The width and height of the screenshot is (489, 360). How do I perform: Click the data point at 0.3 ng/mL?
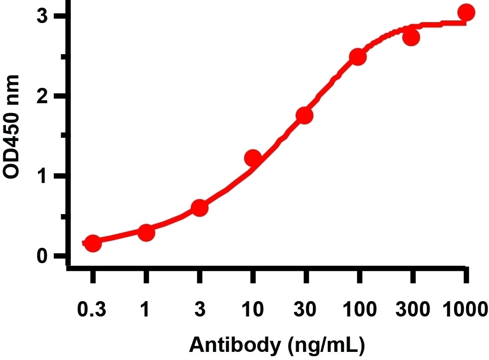[93, 244]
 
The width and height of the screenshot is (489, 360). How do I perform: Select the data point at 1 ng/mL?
[146, 233]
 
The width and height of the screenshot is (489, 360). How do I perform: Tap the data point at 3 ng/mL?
[200, 208]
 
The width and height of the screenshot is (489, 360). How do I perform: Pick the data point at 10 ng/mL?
[253, 158]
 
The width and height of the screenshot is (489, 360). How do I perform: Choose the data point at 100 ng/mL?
[359, 57]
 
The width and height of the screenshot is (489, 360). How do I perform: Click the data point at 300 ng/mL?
[411, 38]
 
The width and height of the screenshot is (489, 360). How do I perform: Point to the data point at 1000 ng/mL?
[466, 13]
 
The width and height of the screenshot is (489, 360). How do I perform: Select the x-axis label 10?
[253, 309]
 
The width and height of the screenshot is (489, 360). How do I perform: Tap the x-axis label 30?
[306, 309]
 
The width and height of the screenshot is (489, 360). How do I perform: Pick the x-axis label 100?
[359, 309]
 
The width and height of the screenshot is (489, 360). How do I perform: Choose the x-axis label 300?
[412, 309]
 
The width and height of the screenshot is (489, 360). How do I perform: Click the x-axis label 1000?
[465, 309]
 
